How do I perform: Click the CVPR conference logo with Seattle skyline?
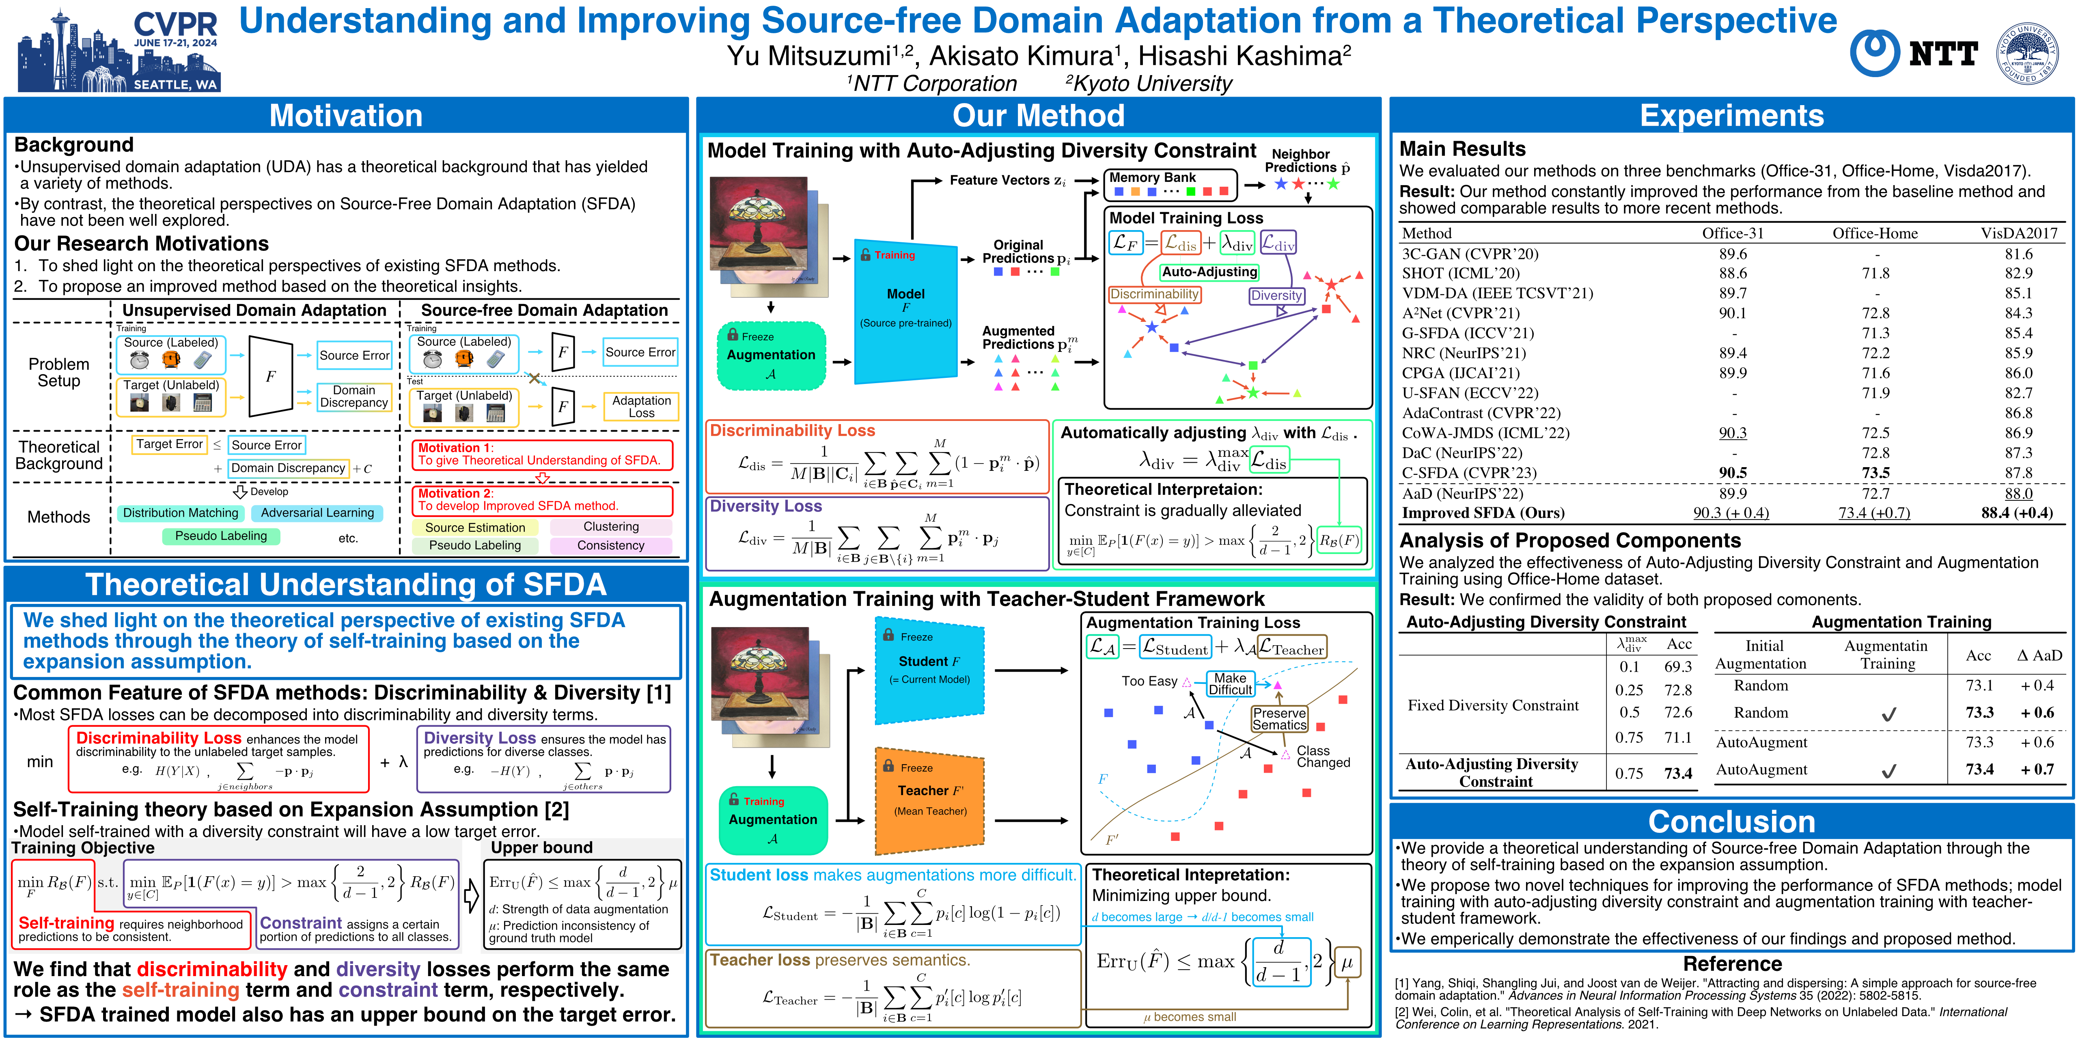119,50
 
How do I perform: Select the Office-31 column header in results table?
1733,233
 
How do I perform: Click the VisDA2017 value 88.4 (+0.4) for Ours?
2017,513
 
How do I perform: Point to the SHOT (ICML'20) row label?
1460,274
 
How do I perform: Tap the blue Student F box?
930,670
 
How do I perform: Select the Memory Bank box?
1170,184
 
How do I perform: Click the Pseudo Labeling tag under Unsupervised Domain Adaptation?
221,536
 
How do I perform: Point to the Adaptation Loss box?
641,407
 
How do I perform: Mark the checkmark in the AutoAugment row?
1888,770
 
